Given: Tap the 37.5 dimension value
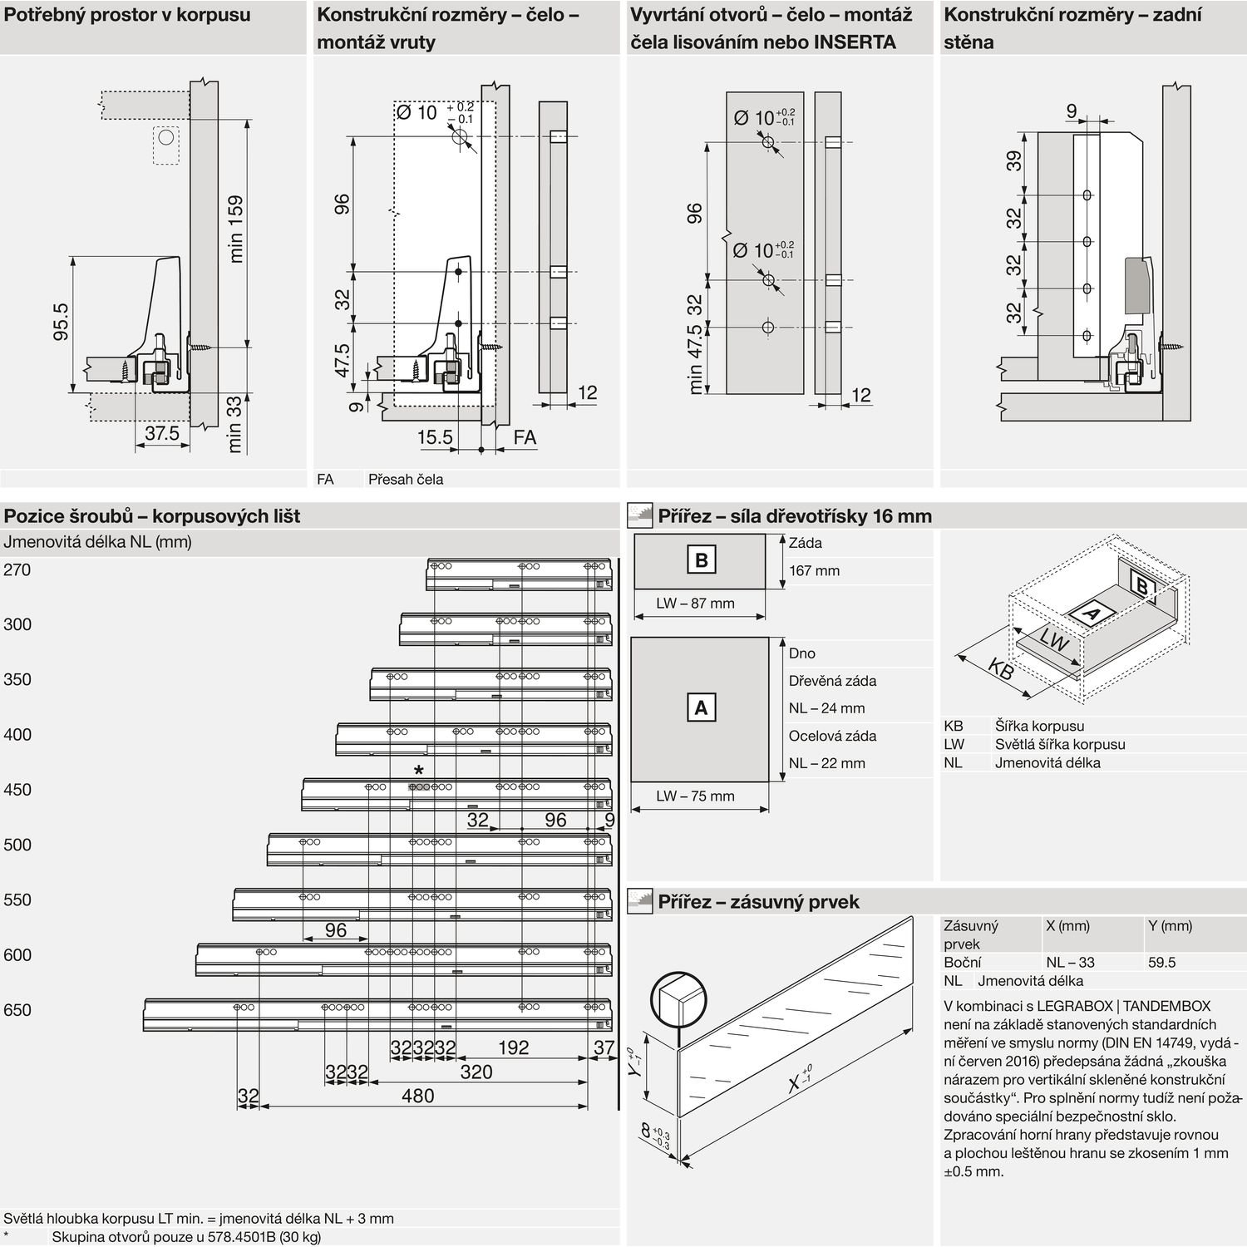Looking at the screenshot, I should tap(162, 433).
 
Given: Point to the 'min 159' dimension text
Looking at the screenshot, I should tap(236, 229).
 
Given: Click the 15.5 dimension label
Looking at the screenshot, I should tap(435, 437).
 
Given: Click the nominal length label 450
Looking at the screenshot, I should tap(17, 790).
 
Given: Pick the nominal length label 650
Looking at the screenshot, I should tap(17, 1010).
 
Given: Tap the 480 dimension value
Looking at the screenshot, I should tap(417, 1096).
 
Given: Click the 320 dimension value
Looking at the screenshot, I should tap(476, 1072).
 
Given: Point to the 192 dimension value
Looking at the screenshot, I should tap(513, 1047).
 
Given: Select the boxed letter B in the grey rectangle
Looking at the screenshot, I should tap(701, 560).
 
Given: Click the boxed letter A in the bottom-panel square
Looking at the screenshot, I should tap(701, 708).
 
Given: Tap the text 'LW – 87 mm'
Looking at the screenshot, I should tap(695, 604).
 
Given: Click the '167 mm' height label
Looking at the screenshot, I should tap(815, 570).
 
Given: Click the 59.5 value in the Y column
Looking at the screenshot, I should tap(1162, 962).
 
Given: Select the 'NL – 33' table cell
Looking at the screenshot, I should tap(1070, 962).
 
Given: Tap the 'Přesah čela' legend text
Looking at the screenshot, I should tap(406, 480).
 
